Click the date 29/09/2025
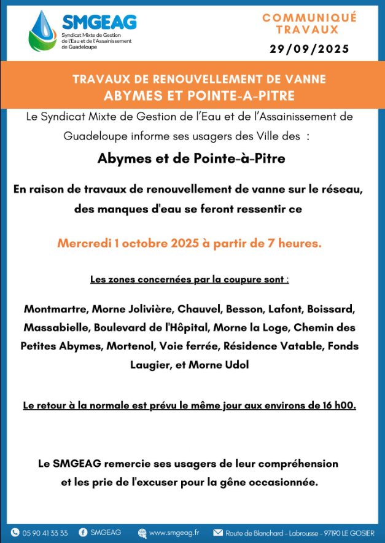309,49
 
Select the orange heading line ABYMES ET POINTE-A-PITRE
199,96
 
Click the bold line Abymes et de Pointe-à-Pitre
192,158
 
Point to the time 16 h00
338,405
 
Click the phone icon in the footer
15,533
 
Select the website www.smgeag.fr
174,533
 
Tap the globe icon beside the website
142,533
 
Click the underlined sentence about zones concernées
189,279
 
